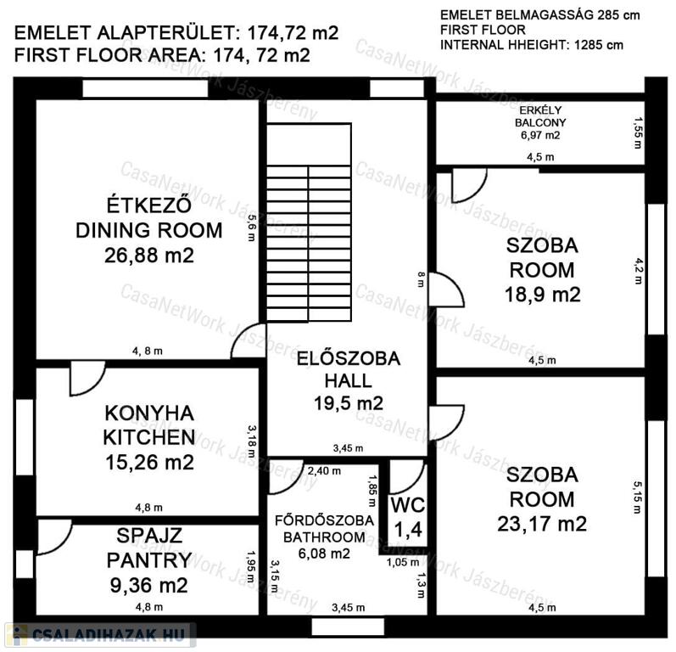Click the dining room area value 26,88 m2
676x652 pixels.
[149, 256]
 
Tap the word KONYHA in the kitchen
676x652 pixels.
[149, 413]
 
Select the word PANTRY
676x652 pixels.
[149, 560]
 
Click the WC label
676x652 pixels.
[408, 505]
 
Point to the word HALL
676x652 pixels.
[348, 381]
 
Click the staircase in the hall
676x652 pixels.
[309, 222]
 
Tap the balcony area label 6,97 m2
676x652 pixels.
[540, 136]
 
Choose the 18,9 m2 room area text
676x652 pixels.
[542, 295]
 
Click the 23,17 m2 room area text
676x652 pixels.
[542, 525]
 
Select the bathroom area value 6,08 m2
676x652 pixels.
[324, 554]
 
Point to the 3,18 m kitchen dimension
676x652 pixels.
[251, 441]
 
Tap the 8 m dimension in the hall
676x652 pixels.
[421, 279]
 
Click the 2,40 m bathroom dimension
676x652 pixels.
[324, 471]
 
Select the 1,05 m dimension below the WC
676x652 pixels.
[403, 562]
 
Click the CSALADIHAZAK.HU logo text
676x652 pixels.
[109, 635]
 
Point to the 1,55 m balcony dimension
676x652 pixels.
[637, 133]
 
